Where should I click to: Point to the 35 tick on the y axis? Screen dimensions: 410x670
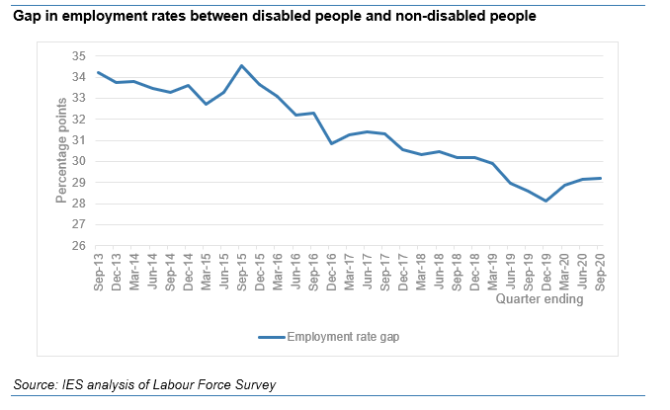pos(80,54)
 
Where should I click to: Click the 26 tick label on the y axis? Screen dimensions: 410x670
pos(80,247)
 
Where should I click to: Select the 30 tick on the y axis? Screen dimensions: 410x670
pos(80,161)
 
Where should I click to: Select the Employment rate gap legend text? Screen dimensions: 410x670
pos(343,337)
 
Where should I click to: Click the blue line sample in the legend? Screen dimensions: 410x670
pos(271,337)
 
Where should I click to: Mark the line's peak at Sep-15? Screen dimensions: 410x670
pos(242,65)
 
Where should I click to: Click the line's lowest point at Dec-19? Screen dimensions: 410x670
pos(546,201)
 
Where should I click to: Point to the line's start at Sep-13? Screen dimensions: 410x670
pos(99,72)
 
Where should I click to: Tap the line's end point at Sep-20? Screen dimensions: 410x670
pos(600,178)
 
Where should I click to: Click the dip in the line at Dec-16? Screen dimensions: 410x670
pos(332,143)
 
